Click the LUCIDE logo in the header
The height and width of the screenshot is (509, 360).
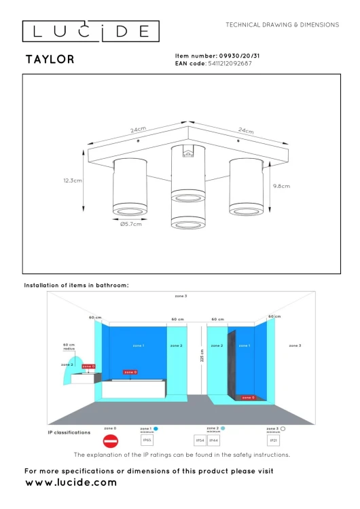pyautogui.click(x=91, y=31)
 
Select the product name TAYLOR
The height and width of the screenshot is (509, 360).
pyautogui.click(x=50, y=60)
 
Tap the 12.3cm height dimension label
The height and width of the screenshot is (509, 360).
pyautogui.click(x=69, y=181)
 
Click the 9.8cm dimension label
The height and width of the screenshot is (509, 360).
pyautogui.click(x=281, y=186)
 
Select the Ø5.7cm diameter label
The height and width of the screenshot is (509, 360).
pyautogui.click(x=130, y=225)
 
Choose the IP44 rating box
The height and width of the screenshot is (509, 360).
pyautogui.click(x=213, y=441)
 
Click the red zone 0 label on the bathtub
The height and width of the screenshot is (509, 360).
pyautogui.click(x=130, y=372)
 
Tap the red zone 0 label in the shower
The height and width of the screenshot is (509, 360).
pyautogui.click(x=248, y=398)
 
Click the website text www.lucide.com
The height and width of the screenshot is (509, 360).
pyautogui.click(x=71, y=483)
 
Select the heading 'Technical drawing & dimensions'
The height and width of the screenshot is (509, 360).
pyautogui.click(x=282, y=24)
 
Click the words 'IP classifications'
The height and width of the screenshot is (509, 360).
pyautogui.click(x=69, y=432)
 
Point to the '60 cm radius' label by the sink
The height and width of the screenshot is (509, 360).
pyautogui.click(x=69, y=347)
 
